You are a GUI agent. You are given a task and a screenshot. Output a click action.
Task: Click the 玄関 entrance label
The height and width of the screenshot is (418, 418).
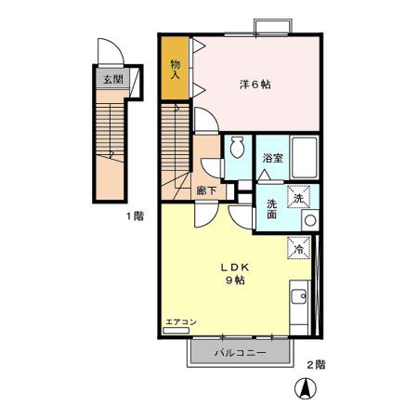[x=113, y=79]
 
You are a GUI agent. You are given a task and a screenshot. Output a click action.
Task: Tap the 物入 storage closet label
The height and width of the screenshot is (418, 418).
[x=176, y=70]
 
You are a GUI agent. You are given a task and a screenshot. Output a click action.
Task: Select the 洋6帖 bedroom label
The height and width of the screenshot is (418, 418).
[x=255, y=85]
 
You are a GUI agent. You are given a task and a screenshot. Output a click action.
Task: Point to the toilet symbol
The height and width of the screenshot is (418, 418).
[x=238, y=147]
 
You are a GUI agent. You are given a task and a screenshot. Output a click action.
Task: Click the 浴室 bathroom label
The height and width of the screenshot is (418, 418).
[x=273, y=158]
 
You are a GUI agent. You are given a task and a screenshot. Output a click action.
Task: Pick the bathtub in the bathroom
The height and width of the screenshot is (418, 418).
[x=305, y=157]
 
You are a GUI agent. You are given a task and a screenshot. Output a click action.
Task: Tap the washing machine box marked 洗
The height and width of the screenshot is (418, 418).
[x=298, y=197]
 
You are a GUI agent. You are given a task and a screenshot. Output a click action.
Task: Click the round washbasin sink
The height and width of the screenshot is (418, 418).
[x=310, y=220]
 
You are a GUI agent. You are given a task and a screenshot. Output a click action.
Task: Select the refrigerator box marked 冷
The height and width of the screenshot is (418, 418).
[x=299, y=247]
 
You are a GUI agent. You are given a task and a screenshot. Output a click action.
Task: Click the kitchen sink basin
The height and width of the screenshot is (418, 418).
[x=299, y=297]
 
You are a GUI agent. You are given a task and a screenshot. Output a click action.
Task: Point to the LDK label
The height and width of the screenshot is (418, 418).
[x=235, y=268]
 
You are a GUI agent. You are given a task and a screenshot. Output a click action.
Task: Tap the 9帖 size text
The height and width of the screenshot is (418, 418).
[x=235, y=281]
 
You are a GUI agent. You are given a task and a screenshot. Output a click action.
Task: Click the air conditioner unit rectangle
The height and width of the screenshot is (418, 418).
[x=176, y=331]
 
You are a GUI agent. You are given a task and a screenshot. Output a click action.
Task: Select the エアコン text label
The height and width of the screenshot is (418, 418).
[x=181, y=322]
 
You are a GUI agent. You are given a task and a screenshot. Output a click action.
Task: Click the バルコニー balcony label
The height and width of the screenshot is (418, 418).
[x=241, y=353]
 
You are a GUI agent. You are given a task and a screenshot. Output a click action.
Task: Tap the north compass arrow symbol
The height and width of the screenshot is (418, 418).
[x=306, y=388]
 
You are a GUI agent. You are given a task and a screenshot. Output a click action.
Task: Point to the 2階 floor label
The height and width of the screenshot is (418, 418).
[x=316, y=364]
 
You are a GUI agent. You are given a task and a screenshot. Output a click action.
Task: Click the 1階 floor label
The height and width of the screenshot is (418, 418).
[x=135, y=216]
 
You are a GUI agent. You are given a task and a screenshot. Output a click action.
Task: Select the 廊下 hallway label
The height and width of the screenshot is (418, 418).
[x=206, y=190]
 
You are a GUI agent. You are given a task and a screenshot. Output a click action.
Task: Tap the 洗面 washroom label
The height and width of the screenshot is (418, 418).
[x=271, y=209]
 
